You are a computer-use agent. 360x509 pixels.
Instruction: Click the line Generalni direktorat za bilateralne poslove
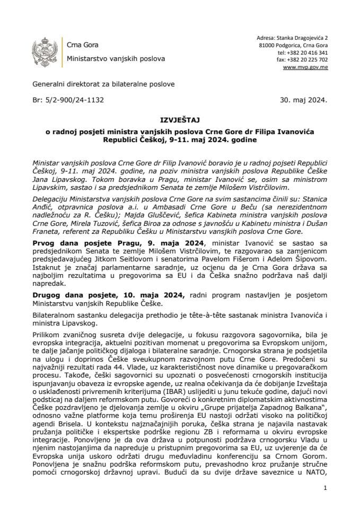tap(103, 84)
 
